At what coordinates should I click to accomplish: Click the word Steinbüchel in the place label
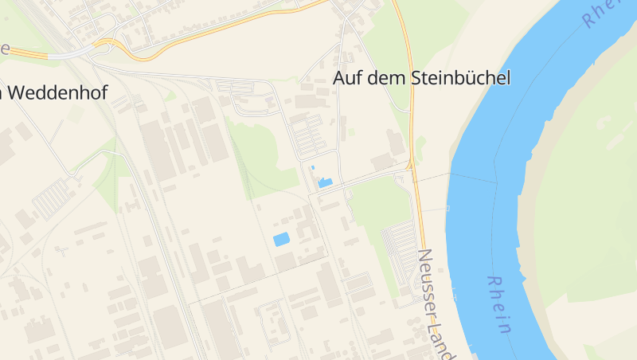[x=459, y=78]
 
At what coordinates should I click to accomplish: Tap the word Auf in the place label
[x=347, y=78]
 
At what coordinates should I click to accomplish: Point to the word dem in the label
[x=387, y=78]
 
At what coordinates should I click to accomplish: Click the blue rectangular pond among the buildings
[x=281, y=239]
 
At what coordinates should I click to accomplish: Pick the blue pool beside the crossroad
[x=325, y=183]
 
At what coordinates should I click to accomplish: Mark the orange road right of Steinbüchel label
[x=412, y=96]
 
